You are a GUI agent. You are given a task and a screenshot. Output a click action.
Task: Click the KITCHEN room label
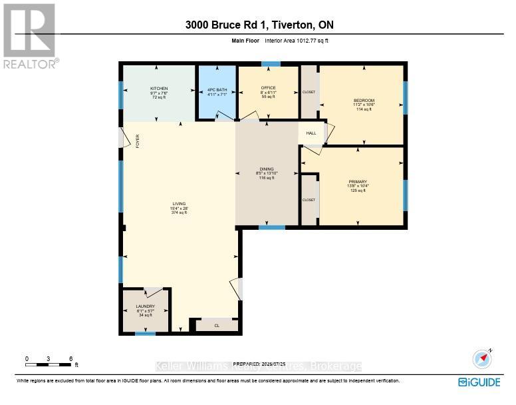158,89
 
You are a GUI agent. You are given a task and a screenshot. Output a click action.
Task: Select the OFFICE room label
268,88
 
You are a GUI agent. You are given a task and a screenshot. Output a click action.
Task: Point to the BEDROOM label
364,101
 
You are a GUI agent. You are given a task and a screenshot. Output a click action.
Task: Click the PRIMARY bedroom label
358,181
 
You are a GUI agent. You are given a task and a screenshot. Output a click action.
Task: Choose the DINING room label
266,169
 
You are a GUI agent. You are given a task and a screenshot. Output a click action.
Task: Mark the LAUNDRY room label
145,306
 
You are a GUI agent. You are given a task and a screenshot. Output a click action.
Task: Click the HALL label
311,133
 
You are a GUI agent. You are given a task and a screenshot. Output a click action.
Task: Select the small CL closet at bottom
216,326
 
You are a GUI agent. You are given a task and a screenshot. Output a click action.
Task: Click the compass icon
481,359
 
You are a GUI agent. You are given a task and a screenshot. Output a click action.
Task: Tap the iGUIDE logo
481,382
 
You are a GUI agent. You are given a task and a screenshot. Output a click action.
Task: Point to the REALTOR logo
31,36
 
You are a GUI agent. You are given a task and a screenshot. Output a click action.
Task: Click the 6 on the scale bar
70,359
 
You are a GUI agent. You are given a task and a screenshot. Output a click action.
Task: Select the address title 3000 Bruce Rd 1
260,25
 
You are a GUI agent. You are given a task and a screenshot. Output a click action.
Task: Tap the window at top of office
270,64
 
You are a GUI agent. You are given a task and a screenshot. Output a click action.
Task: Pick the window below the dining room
271,228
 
